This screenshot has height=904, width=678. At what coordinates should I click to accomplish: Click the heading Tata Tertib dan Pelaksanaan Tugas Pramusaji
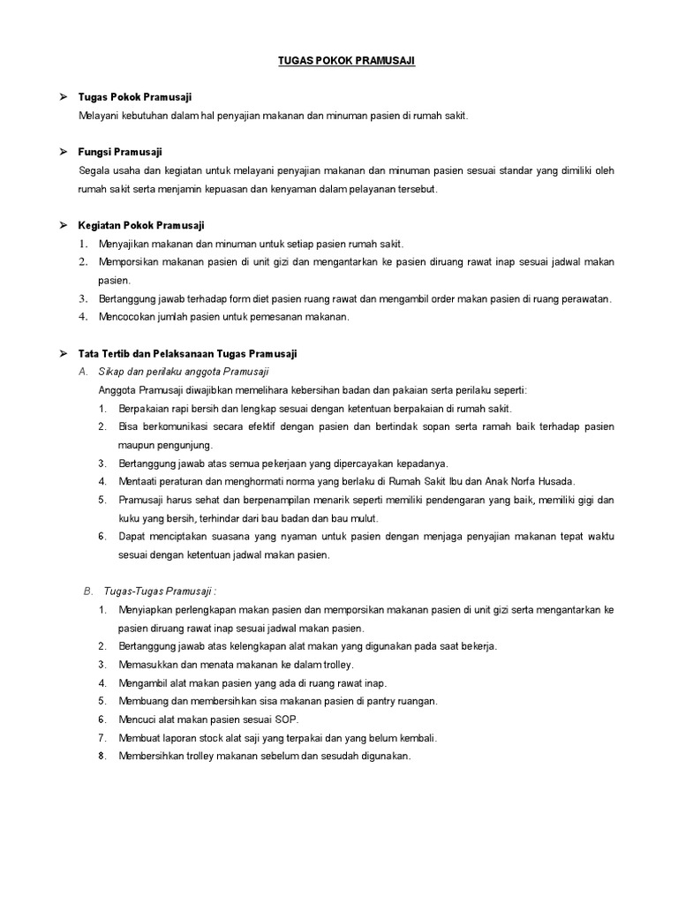pos(187,353)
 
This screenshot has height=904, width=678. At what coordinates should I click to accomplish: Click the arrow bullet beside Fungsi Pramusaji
pos(64,152)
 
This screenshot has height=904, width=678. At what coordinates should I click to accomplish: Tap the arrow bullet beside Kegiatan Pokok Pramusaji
pos(64,225)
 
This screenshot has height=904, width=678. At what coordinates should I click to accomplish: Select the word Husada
pos(556,481)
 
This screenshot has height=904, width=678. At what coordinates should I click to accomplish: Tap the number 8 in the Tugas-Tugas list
pos(102,757)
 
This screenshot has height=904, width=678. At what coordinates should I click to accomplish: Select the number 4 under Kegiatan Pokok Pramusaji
pos(82,317)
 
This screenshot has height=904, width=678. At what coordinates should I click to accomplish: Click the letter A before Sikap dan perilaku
pos(85,372)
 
